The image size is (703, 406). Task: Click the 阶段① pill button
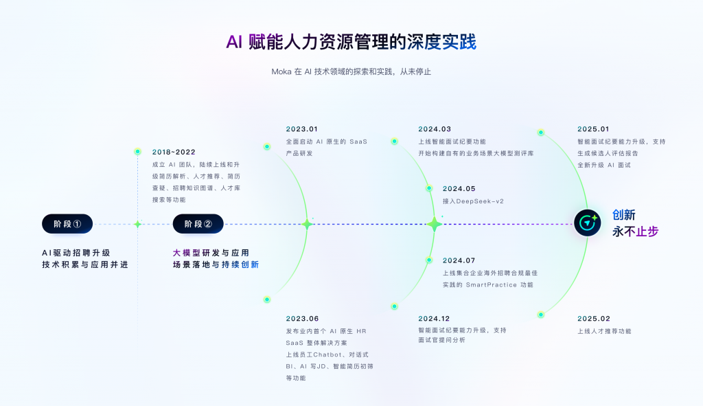tap(67, 224)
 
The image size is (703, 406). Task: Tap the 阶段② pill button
tap(198, 224)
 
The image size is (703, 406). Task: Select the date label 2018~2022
tap(174, 152)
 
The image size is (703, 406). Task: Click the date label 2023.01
tap(302, 128)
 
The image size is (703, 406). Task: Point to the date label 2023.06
tap(302, 318)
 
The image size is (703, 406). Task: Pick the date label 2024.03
tap(435, 128)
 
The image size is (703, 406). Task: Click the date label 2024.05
tap(459, 188)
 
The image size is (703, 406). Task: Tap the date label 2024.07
tap(459, 260)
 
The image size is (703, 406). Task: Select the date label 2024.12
tap(435, 318)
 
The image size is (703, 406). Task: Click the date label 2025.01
tap(594, 128)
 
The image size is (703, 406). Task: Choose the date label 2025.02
tap(594, 318)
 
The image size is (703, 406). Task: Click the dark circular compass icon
tap(588, 223)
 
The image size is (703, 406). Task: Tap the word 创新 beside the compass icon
tap(624, 216)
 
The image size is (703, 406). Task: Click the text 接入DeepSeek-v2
tap(474, 201)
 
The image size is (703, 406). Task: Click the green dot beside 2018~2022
tap(137, 151)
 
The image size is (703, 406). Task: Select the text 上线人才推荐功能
tap(603, 331)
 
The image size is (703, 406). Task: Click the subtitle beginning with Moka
tap(351, 71)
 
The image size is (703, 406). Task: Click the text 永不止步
tap(635, 232)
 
